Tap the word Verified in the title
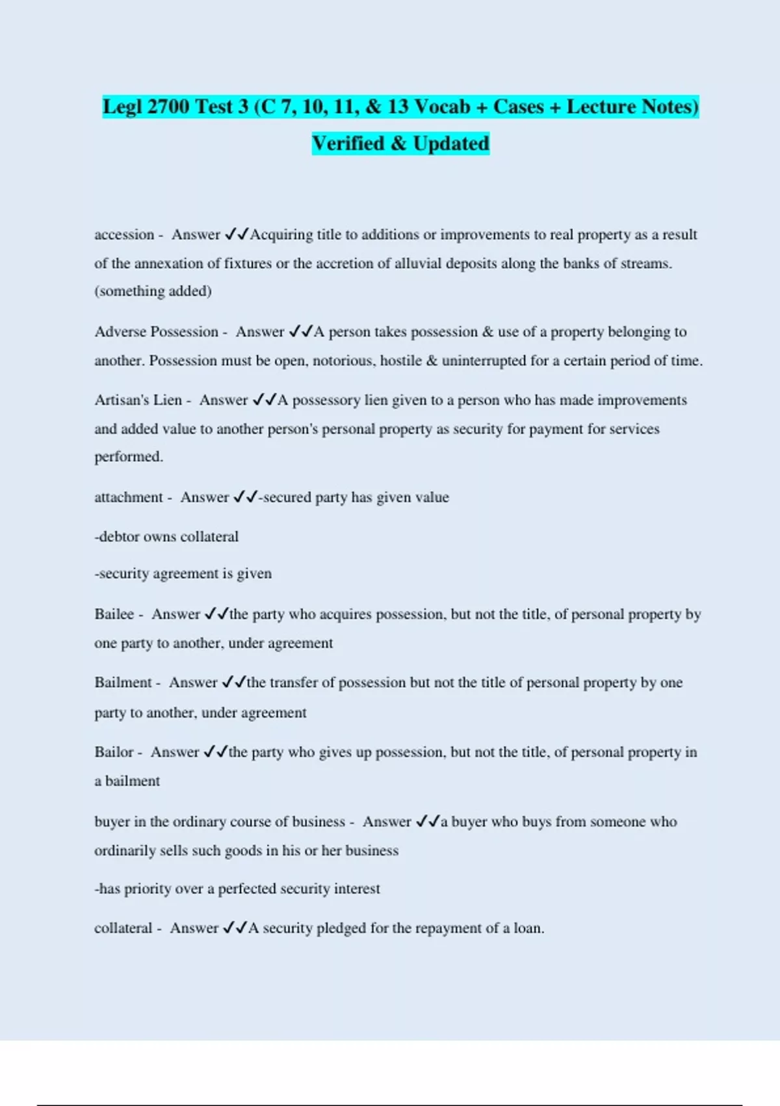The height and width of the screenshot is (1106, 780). pyautogui.click(x=348, y=143)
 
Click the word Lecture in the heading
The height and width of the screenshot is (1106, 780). pyautogui.click(x=601, y=106)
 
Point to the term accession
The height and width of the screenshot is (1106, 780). pyautogui.click(x=124, y=235)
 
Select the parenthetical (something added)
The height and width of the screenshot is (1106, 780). pyautogui.click(x=153, y=291)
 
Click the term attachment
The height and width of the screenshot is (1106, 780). pyautogui.click(x=128, y=498)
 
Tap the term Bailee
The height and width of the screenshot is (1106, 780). pyautogui.click(x=114, y=614)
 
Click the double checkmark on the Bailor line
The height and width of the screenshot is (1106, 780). pyautogui.click(x=215, y=752)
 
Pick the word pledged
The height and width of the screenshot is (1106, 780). pyautogui.click(x=341, y=928)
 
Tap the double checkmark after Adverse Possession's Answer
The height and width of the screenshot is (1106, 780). pyautogui.click(x=300, y=332)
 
